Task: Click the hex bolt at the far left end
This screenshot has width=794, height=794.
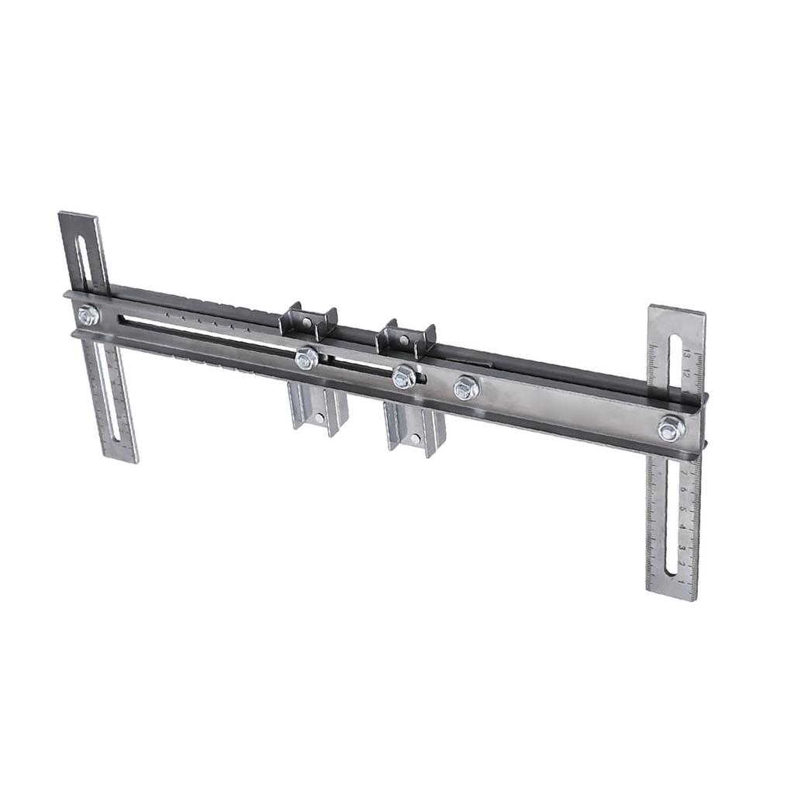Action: tap(88, 315)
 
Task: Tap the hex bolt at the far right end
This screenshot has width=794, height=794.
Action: tap(671, 429)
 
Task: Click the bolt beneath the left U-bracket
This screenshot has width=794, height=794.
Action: tap(307, 358)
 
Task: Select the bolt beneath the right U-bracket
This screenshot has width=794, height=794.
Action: tap(403, 378)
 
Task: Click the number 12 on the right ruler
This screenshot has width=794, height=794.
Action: tap(687, 373)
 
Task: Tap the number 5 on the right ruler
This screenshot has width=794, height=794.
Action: tap(682, 509)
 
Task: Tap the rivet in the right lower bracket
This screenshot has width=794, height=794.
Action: tap(416, 439)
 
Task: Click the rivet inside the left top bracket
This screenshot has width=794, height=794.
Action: tap(308, 322)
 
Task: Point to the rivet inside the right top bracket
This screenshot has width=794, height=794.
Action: tap(404, 340)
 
